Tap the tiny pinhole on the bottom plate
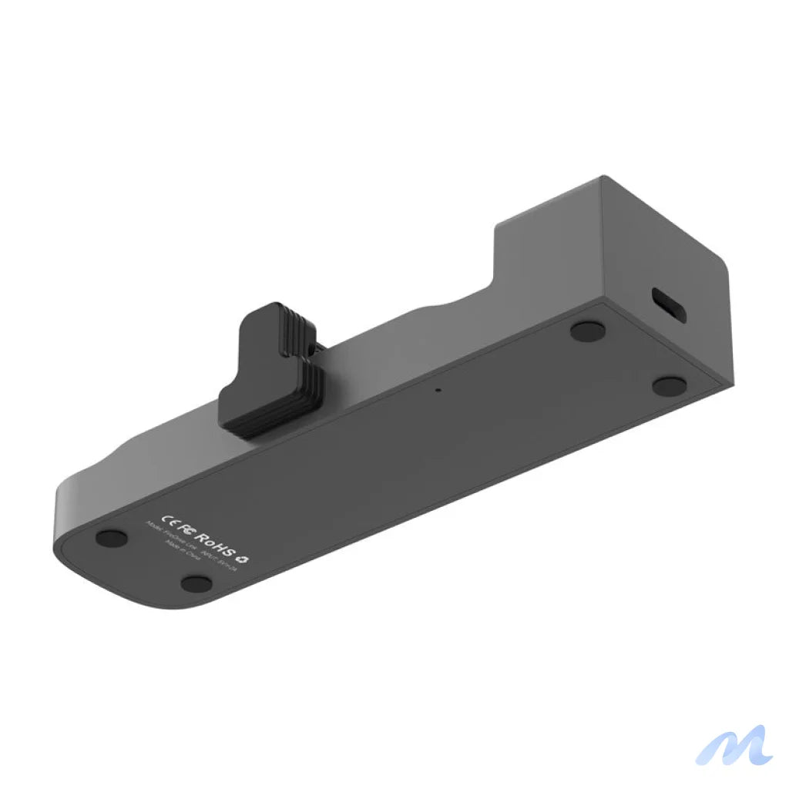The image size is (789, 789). pyautogui.click(x=438, y=389)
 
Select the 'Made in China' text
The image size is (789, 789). pyautogui.click(x=182, y=553)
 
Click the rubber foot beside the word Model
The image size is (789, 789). pyautogui.click(x=112, y=537)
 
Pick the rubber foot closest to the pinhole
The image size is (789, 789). pyautogui.click(x=588, y=331)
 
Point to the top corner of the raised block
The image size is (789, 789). pyautogui.click(x=603, y=177)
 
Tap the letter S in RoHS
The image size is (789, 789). pyautogui.click(x=230, y=549)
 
